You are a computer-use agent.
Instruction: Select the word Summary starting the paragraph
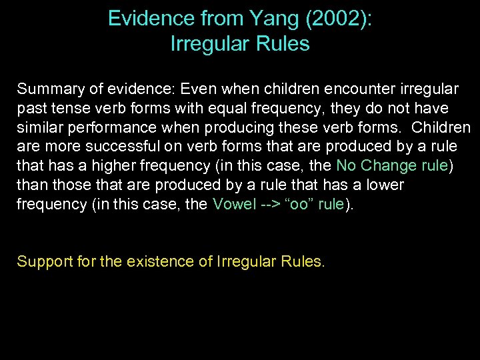coord(45,89)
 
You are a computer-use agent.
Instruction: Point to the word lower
coord(382,185)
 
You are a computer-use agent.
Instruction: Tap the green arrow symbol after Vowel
coord(269,204)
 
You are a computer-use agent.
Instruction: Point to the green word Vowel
coord(233,204)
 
